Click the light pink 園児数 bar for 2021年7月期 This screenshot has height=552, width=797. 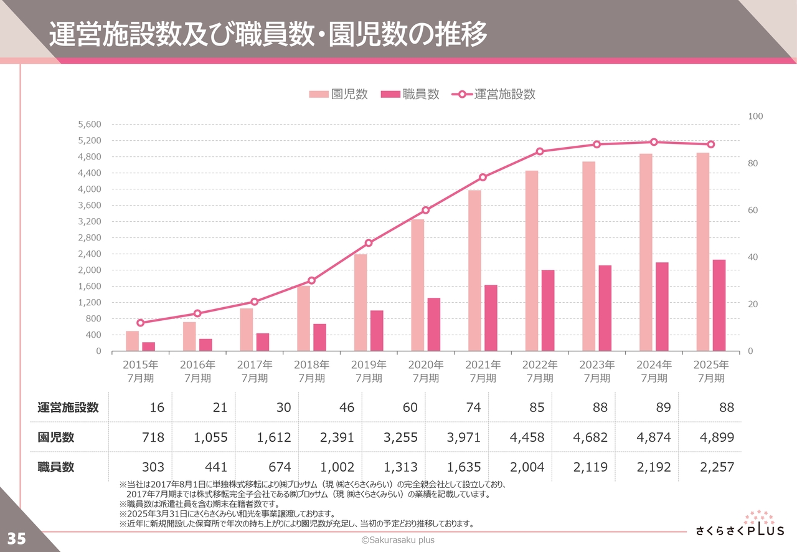474,271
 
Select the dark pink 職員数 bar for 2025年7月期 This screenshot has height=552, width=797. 719,305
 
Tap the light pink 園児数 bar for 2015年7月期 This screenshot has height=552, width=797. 132,341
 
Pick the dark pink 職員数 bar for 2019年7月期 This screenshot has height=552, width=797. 377,331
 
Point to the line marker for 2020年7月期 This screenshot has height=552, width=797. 426,210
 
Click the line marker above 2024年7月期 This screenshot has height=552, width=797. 654,142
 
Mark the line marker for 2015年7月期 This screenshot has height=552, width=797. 140,323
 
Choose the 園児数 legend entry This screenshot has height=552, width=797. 339,94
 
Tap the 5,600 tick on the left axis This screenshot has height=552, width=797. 90,125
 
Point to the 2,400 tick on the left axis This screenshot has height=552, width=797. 90,254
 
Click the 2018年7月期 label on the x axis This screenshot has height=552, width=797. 311,371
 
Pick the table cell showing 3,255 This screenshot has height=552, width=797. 401,437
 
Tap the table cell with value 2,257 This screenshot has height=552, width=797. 717,467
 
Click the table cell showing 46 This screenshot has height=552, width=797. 346,407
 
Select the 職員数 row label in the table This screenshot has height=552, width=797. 56,467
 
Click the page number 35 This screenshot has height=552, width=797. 17,538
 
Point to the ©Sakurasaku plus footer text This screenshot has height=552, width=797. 398,540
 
